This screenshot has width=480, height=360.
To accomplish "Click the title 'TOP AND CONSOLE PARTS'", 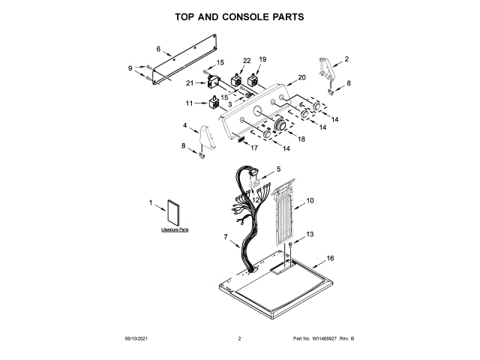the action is tap(239, 16).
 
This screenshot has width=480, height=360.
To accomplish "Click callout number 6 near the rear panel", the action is tap(158, 49).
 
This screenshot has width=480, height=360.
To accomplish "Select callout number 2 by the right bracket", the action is tap(346, 58).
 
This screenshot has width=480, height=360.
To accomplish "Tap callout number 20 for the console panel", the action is tap(301, 77).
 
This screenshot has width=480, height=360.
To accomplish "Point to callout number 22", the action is tap(247, 60).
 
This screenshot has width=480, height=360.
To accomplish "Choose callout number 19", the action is tap(262, 59).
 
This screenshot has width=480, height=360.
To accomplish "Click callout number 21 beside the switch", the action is tap(190, 83).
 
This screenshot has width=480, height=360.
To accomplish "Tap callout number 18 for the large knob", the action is tap(301, 139).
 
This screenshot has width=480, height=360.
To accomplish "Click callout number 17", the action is tap(253, 148).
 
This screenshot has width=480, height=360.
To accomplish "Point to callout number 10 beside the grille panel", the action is tap(310, 200).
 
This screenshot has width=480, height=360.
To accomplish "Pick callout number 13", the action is tap(310, 235).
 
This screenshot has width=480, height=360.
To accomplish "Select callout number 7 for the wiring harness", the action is tap(225, 237).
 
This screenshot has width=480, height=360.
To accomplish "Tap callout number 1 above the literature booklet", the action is tap(151, 202).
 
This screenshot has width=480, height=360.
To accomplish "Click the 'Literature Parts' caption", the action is tap(174, 229).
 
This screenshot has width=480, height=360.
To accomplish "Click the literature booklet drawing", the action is tap(175, 213).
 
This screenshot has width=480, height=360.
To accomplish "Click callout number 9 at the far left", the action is tap(130, 68).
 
